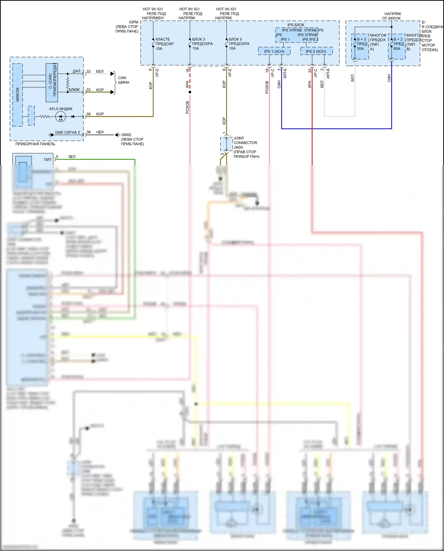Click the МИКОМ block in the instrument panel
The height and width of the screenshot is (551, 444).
17,94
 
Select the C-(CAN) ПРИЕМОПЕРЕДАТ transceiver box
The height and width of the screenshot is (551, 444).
52,82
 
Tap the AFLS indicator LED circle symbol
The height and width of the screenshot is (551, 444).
61,117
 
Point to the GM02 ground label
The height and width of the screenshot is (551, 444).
126,135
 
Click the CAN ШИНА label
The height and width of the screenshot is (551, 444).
123,80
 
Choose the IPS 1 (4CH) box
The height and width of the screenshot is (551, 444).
274,51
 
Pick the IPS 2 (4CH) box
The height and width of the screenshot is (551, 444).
316,51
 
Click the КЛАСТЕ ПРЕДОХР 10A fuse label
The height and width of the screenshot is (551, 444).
164,44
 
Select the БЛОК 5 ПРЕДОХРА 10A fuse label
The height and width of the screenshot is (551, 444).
239,44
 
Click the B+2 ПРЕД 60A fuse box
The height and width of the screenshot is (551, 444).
397,46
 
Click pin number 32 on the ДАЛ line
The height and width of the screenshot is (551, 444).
89,71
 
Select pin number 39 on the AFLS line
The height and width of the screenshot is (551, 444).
89,114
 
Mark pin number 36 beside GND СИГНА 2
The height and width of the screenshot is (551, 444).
89,132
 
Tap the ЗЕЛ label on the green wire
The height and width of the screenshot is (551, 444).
72,157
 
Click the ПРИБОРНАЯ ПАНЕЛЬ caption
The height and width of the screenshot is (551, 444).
35,144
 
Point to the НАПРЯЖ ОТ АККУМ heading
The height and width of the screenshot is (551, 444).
392,16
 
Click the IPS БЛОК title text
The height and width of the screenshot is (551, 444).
296,25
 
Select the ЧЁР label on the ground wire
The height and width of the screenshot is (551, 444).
100,132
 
